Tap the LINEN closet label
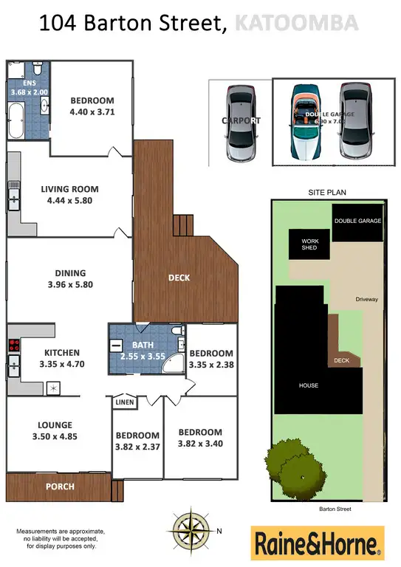124,402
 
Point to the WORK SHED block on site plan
309,244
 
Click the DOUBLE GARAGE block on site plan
357,221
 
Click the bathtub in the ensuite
16,120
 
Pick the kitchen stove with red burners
13,345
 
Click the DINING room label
69,273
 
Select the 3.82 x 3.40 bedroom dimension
199,444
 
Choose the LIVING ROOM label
69,189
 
